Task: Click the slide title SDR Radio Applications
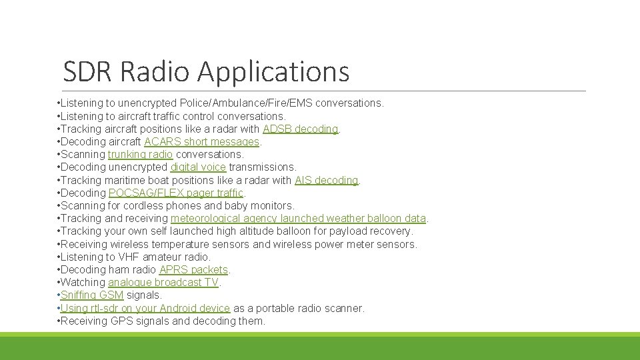tap(206, 71)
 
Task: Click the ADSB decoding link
tap(301, 129)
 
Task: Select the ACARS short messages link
tap(201, 141)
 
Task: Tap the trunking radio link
tap(140, 154)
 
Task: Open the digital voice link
tap(198, 167)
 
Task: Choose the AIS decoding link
tap(326, 180)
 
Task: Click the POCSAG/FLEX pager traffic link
tap(176, 193)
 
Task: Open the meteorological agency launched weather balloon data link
tap(298, 218)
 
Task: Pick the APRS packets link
tap(193, 269)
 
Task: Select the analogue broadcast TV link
tap(163, 282)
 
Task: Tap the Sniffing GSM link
tap(92, 295)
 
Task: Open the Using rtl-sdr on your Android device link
tap(145, 308)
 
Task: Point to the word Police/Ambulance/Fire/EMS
tap(246, 103)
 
